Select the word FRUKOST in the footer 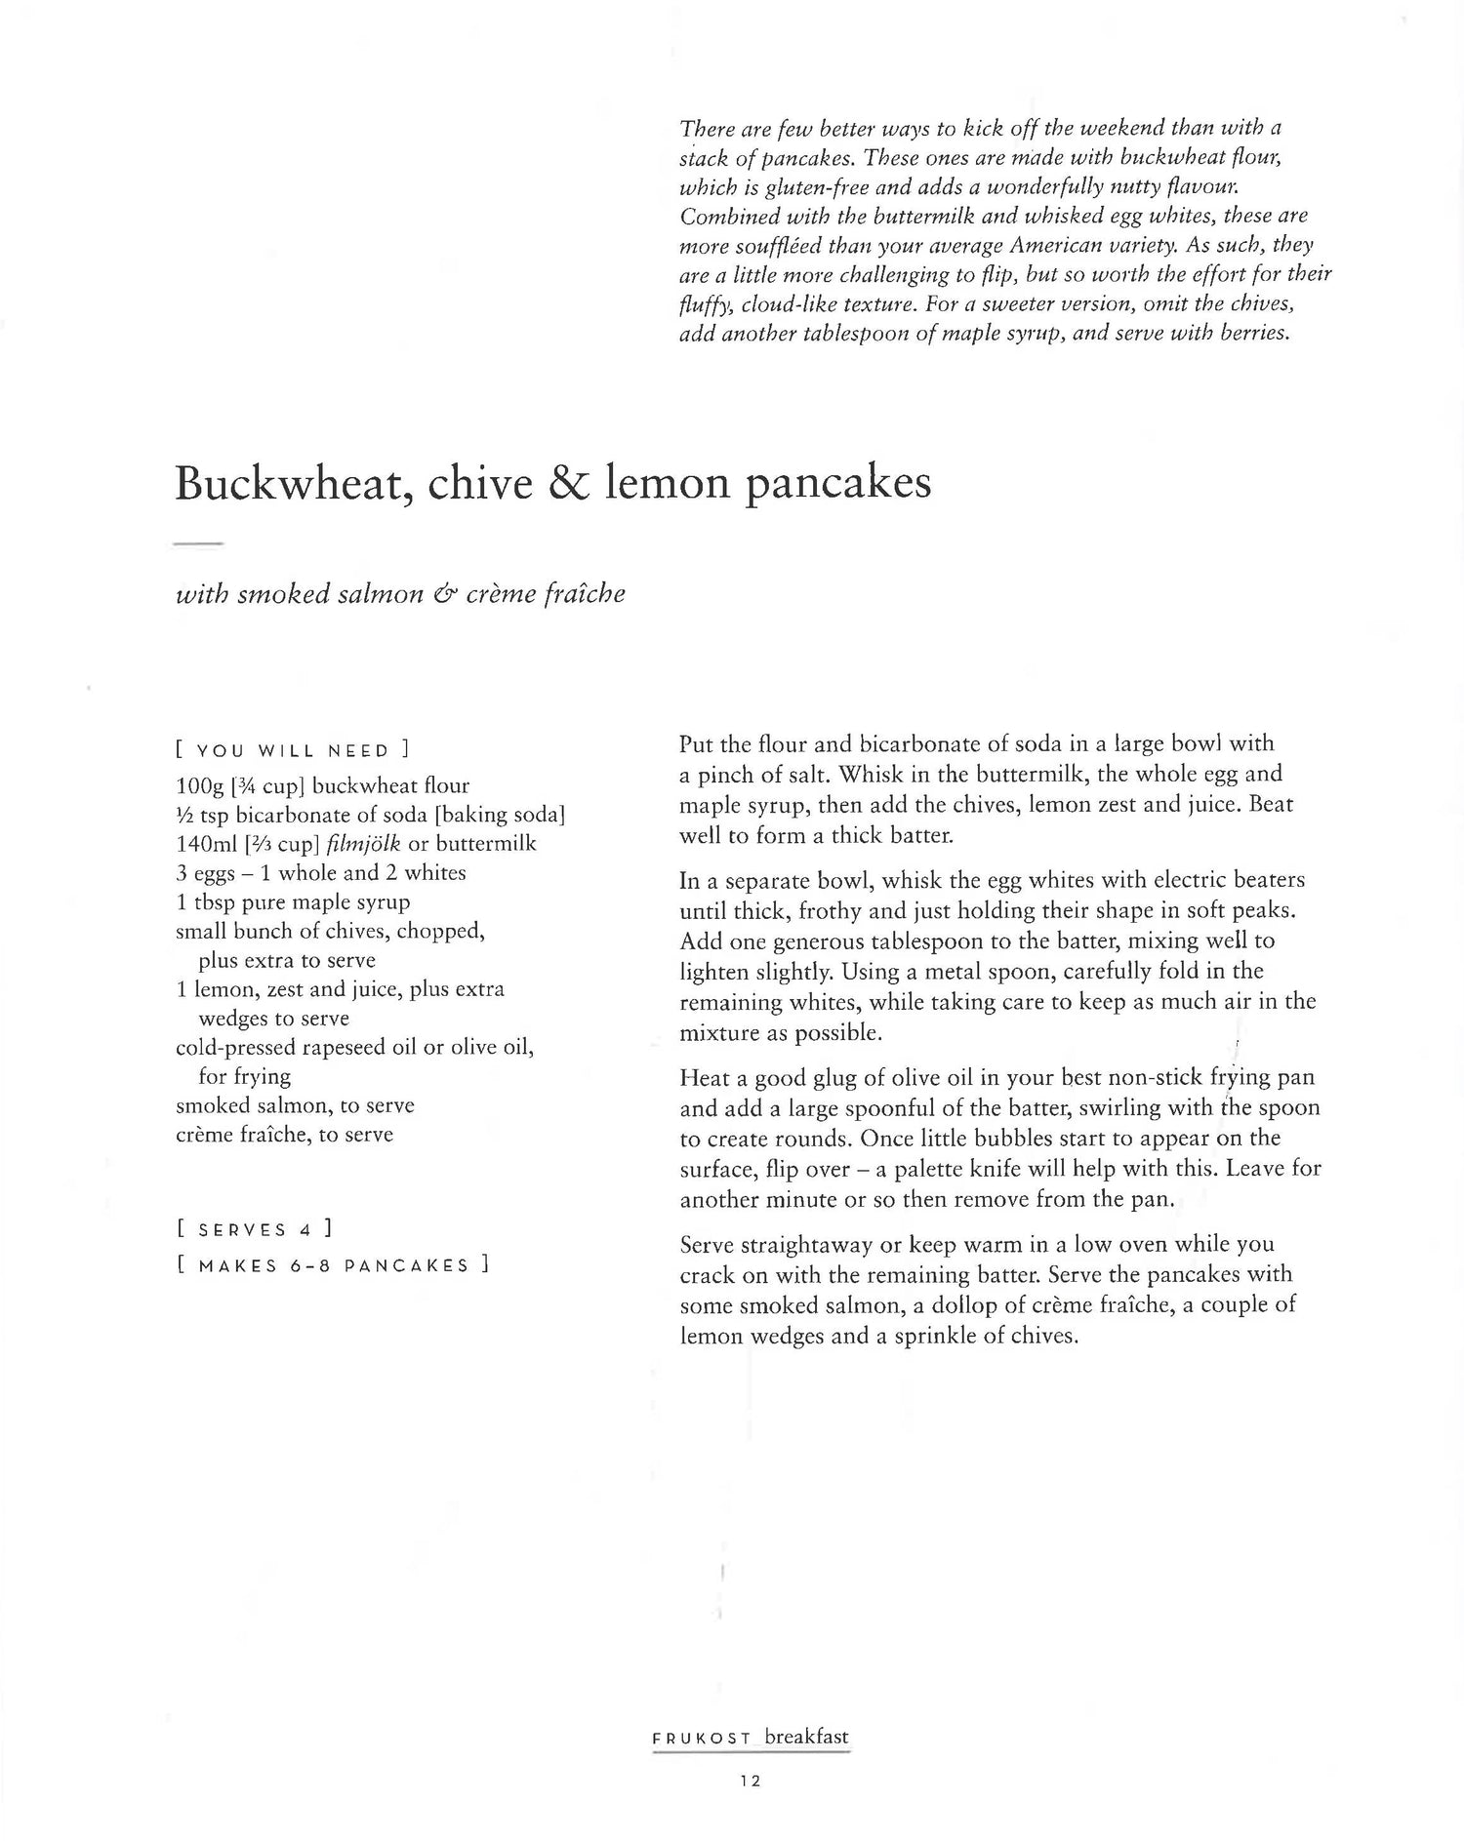[x=702, y=1739]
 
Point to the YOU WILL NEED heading [x=292, y=751]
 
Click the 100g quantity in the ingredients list [x=199, y=785]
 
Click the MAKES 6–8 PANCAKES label [x=332, y=1266]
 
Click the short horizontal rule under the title [x=199, y=542]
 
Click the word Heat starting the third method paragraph [x=704, y=1078]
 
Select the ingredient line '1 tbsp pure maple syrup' [x=293, y=901]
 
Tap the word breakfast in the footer [x=806, y=1737]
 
